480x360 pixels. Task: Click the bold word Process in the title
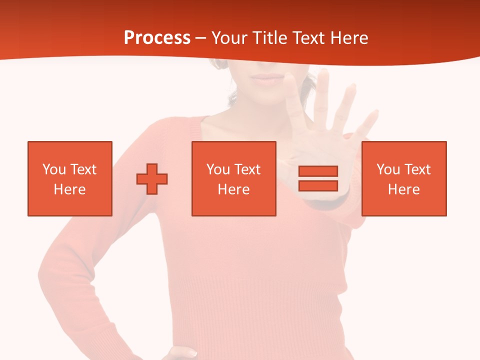[x=157, y=38]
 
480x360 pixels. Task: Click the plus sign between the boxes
[x=152, y=179]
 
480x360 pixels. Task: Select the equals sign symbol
[x=318, y=178]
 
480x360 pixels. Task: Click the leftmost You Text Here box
[x=69, y=178]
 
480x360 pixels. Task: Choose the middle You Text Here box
[x=233, y=178]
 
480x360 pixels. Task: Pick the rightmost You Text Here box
[x=403, y=178]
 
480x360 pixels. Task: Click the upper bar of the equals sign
[x=318, y=171]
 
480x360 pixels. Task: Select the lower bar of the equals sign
[x=318, y=185]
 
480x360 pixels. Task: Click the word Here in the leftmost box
[x=69, y=189]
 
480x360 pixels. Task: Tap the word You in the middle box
[x=217, y=169]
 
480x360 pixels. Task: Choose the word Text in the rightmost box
[x=417, y=169]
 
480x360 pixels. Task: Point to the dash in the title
[x=200, y=38]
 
